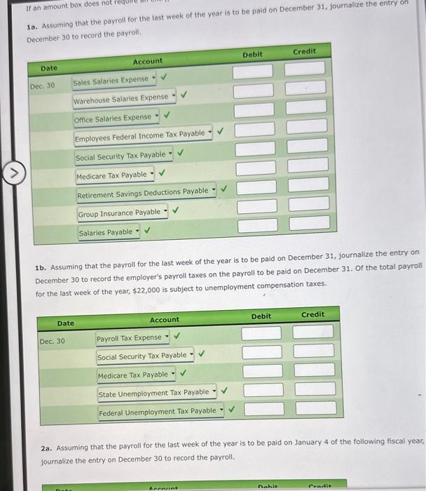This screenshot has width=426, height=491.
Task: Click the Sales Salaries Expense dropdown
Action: tap(116, 80)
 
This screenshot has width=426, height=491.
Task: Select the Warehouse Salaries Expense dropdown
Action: tap(125, 97)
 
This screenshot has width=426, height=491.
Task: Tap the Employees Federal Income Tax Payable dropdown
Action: tap(143, 134)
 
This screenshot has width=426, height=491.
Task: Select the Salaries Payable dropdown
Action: tap(109, 231)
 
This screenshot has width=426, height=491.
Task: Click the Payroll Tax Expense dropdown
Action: tap(134, 338)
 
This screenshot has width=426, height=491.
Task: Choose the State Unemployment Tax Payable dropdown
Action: tap(157, 392)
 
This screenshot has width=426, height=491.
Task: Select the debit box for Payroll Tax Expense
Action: tap(262, 332)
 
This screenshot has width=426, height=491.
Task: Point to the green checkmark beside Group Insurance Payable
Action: tap(176, 209)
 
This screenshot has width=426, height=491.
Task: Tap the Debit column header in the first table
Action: tap(253, 55)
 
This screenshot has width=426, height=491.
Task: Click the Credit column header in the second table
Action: tap(312, 314)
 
